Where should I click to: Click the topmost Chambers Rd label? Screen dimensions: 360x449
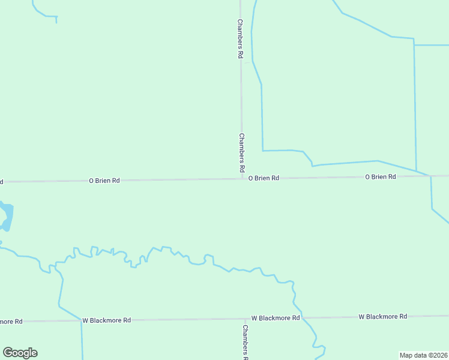pyautogui.click(x=240, y=39)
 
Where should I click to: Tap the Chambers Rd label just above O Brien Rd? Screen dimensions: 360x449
pyautogui.click(x=242, y=150)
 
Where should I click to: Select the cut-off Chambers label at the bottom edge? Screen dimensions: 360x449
pyautogui.click(x=245, y=342)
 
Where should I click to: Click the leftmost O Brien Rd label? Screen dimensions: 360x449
pyautogui.click(x=104, y=180)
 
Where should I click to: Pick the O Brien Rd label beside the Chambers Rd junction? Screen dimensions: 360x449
pyautogui.click(x=264, y=178)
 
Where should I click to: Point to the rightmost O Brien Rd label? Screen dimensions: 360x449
pyautogui.click(x=381, y=176)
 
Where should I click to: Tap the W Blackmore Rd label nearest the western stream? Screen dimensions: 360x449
pyautogui.click(x=107, y=320)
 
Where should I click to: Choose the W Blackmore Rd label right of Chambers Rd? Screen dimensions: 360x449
pyautogui.click(x=276, y=318)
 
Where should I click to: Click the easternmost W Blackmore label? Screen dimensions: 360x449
pyautogui.click(x=383, y=316)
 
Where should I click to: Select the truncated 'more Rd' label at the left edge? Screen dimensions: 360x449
pyautogui.click(x=11, y=322)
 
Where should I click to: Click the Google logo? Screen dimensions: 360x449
pyautogui.click(x=20, y=353)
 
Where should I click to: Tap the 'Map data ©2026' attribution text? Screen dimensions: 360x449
pyautogui.click(x=424, y=355)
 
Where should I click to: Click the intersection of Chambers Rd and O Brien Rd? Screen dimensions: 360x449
pyautogui.click(x=243, y=178)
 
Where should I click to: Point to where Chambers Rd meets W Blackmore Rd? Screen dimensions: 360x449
pyautogui.click(x=243, y=319)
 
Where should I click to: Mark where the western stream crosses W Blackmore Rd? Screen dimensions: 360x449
pyautogui.click(x=81, y=320)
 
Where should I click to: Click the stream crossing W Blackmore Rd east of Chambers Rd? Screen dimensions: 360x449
pyautogui.click(x=303, y=317)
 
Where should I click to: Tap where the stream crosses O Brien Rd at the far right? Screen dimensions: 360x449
pyautogui.click(x=430, y=176)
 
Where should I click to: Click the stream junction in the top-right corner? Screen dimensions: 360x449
pyautogui.click(x=414, y=43)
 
